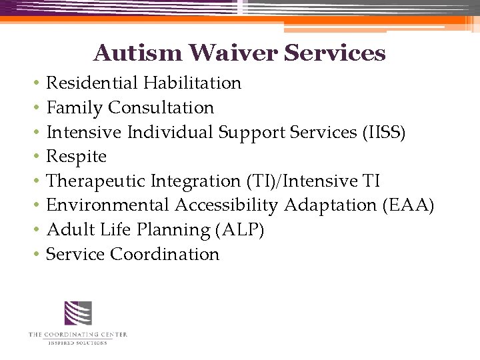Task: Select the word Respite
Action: pos(76,157)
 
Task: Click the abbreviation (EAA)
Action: pos(408,205)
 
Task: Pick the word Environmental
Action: pos(109,205)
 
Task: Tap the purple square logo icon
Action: pos(77,313)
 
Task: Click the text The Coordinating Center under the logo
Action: pos(77,335)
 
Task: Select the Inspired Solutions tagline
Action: pos(77,343)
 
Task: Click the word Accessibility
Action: pos(226,205)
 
